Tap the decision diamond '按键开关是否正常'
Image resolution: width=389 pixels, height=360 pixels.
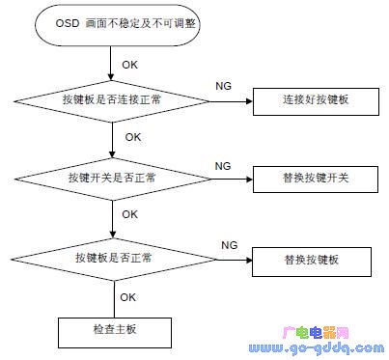[x=113, y=180]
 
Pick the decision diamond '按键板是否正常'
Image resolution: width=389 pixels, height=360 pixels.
[x=113, y=260]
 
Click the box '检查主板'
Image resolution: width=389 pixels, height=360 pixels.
[x=113, y=330]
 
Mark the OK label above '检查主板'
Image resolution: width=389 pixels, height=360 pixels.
[x=127, y=297]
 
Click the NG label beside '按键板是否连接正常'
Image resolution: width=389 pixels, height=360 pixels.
[x=222, y=86]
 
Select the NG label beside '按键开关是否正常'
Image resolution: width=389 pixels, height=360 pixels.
[x=222, y=166]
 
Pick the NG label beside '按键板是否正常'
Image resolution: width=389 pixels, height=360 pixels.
[x=230, y=245]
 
